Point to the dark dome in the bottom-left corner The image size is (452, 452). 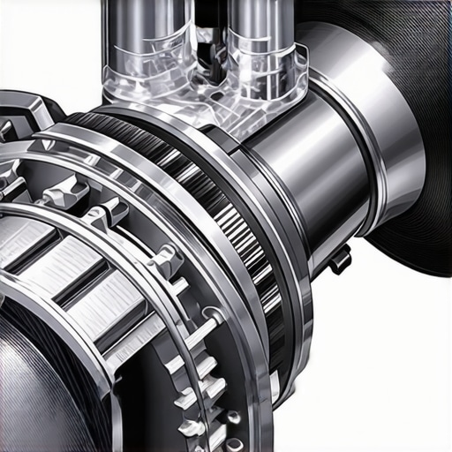click(35, 388)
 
